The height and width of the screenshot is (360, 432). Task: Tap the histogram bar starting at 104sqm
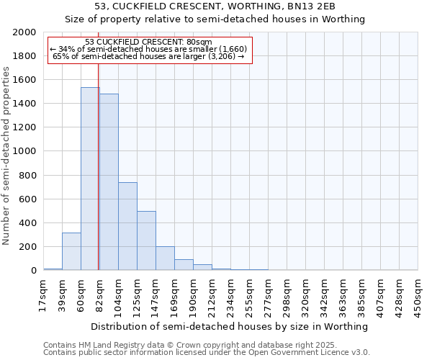(x=127, y=226)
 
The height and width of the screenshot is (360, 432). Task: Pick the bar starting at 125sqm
(x=146, y=240)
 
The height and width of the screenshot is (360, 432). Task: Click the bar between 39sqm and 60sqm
(x=71, y=251)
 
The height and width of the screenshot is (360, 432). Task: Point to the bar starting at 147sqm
(x=165, y=258)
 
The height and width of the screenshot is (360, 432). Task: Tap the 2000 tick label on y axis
(x=24, y=32)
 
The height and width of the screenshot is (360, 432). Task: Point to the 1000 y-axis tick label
(x=24, y=152)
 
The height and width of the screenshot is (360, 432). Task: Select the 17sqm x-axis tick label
(x=44, y=293)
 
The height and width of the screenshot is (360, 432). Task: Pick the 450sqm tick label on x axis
(x=418, y=293)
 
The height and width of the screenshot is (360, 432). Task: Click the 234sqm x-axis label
(x=231, y=293)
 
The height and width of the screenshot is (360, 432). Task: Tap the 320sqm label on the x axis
(x=306, y=293)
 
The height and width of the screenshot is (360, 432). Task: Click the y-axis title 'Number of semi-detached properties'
(x=6, y=156)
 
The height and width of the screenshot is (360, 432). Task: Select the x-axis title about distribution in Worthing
(x=230, y=326)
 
